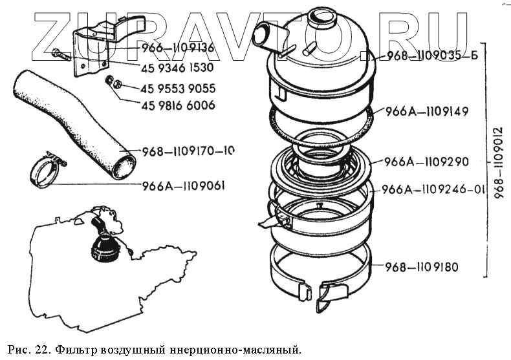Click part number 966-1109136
[x=178, y=48]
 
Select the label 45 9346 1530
[x=177, y=68]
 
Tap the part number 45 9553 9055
[x=178, y=89]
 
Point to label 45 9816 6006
[x=178, y=105]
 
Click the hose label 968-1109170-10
[x=188, y=151]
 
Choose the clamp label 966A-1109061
[x=184, y=186]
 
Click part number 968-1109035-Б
[x=433, y=56]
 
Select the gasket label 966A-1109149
[x=427, y=112]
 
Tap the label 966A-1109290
[x=426, y=162]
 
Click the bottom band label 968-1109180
[x=422, y=267]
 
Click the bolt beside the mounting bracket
[x=61, y=54]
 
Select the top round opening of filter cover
[x=321, y=17]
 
